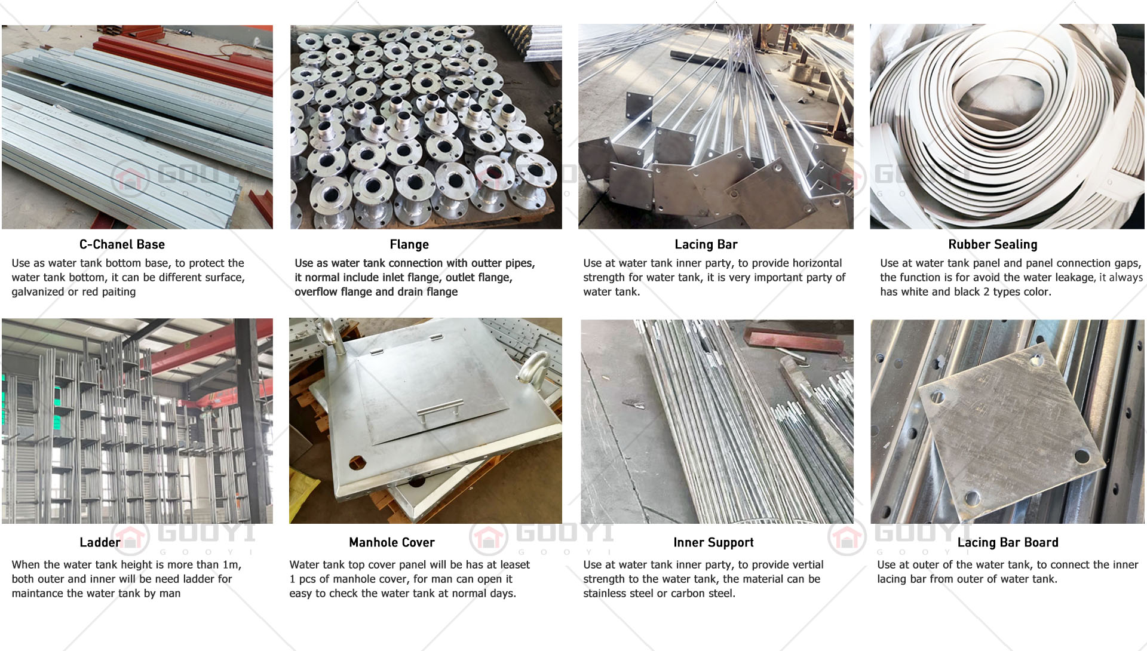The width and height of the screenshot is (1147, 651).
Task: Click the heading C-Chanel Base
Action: (122, 244)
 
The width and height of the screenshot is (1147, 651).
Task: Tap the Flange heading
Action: (409, 245)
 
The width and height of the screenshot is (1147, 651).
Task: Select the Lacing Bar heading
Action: (706, 245)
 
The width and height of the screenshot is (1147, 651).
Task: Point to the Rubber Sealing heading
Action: (993, 245)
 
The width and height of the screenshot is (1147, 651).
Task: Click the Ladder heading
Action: (100, 542)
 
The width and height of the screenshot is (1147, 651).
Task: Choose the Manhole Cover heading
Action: (392, 542)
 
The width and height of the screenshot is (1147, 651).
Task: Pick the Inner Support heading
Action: (713, 543)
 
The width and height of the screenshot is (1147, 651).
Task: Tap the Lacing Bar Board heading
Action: (1008, 543)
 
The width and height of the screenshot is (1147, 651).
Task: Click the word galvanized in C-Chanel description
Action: (38, 292)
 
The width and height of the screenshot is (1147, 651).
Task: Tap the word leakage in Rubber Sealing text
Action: (1076, 278)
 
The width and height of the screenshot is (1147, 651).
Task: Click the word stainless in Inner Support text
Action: (605, 594)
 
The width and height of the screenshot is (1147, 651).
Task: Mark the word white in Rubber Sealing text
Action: (915, 292)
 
